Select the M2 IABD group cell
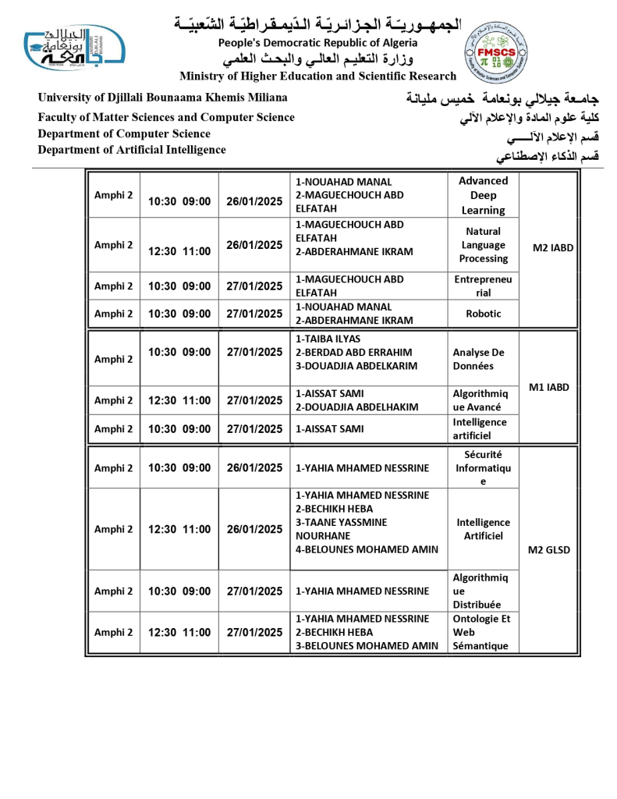click(x=552, y=248)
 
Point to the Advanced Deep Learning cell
click(x=483, y=195)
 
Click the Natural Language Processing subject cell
click(x=483, y=245)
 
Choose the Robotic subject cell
click(x=483, y=314)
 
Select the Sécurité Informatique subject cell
click(x=483, y=467)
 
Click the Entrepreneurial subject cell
click(x=483, y=286)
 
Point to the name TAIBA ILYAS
click(x=328, y=339)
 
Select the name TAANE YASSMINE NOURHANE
click(x=342, y=529)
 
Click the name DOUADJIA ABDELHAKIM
click(x=356, y=407)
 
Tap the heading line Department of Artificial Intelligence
click(x=132, y=150)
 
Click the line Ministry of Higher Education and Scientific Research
click(x=317, y=76)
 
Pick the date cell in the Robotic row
click(x=254, y=314)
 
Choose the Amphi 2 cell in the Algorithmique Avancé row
click(x=114, y=400)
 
